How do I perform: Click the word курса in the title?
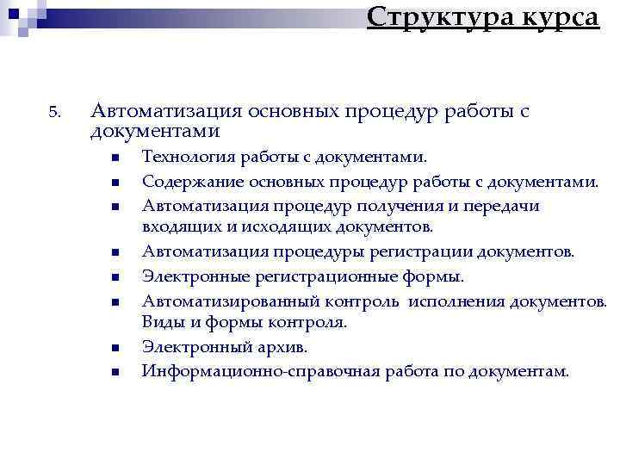click(555, 16)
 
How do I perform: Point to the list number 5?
click(53, 113)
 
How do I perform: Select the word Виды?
click(162, 323)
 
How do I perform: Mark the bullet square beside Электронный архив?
click(113, 348)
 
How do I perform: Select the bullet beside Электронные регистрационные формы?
click(113, 277)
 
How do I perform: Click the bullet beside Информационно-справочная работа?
click(113, 372)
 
